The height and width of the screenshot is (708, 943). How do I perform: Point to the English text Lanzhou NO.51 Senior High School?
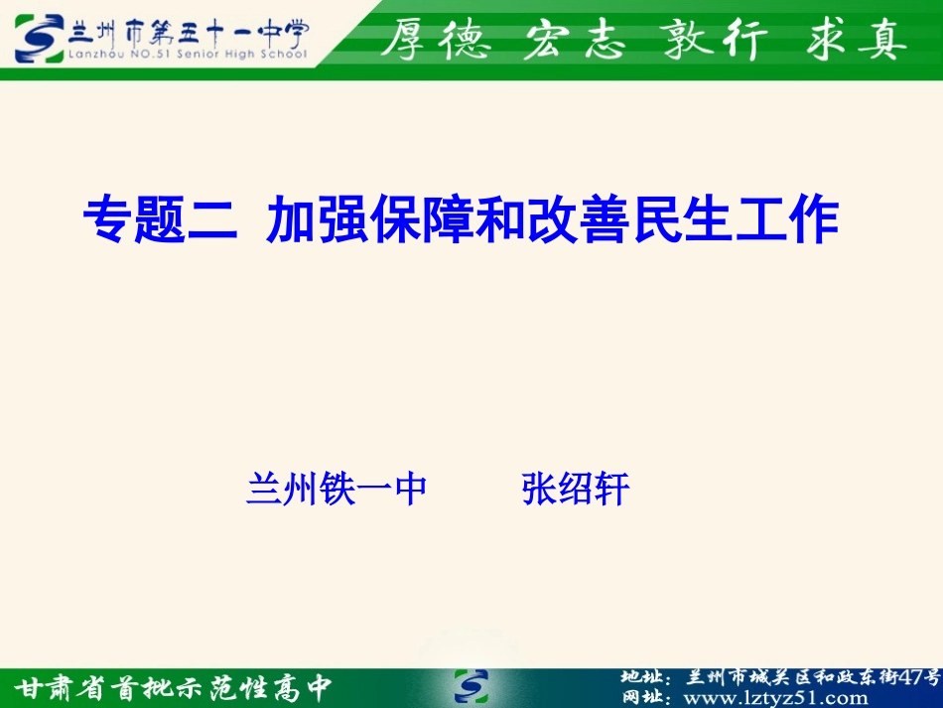coord(188,55)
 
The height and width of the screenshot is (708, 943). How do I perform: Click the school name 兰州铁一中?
coord(337,489)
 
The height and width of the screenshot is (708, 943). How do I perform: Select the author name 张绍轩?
coord(576,489)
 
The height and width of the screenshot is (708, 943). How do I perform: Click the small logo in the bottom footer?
coord(471,686)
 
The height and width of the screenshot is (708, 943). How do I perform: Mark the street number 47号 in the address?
coord(919,677)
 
